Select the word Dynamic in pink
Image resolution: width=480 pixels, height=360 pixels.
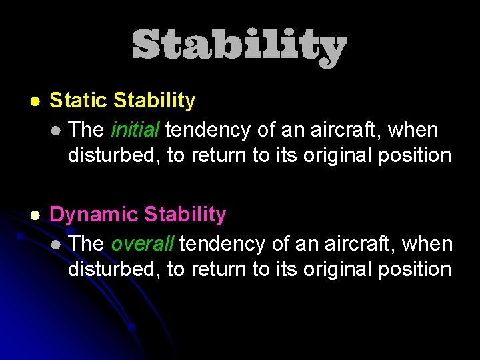[x=94, y=215]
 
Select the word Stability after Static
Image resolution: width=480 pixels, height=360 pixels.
[x=155, y=101]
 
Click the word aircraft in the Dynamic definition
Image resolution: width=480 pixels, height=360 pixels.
[x=360, y=243]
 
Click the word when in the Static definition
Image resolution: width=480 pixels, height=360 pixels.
[x=413, y=129]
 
